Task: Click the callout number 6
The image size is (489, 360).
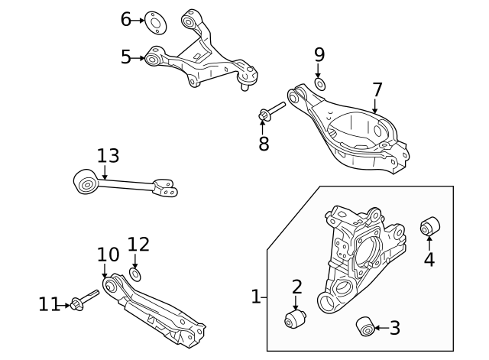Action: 126,19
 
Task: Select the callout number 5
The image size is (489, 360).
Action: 126,56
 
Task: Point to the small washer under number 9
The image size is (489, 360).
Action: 319,83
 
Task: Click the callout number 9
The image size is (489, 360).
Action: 319,55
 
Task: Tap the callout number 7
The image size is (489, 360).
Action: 377,91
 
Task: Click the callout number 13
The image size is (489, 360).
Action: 108,156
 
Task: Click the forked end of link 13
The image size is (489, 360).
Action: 166,187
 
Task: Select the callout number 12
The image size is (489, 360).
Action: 138,245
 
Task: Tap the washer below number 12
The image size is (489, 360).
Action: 136,274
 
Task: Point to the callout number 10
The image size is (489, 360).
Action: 108,255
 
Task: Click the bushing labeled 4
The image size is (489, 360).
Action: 430,227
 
